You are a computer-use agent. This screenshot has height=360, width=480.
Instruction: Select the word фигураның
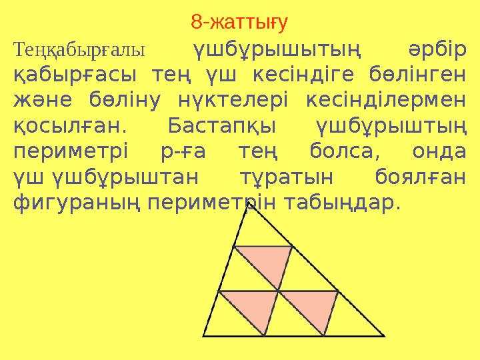[x=77, y=201]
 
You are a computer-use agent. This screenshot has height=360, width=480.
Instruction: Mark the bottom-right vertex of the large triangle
[x=384, y=335]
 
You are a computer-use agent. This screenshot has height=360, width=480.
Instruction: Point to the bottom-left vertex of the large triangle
[x=203, y=335]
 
